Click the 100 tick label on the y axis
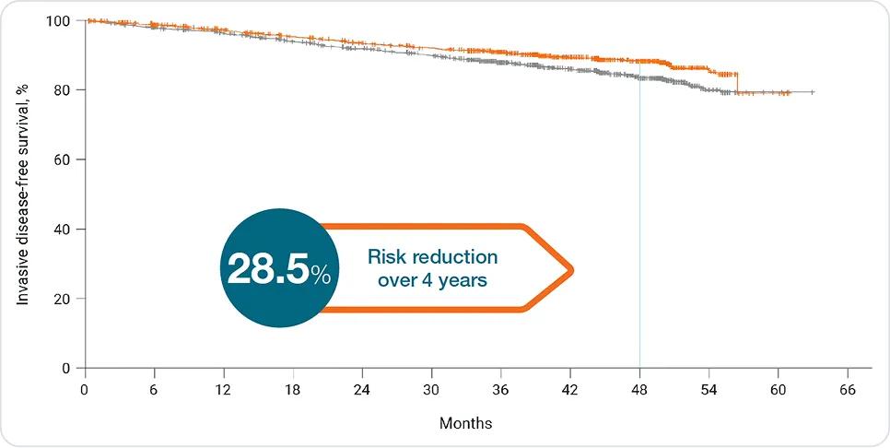pos(57,20)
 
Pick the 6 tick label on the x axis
pos(154,389)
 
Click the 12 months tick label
pos(223,389)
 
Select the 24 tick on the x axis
pos(362,389)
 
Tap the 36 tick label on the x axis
pos(501,389)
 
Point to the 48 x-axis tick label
pos(639,389)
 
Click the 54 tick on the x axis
pos(709,389)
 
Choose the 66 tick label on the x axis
pos(848,389)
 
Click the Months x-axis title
pos(465,424)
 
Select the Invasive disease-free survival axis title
pos(22,194)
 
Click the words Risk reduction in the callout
pos(432,256)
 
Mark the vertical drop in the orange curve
pos(736,83)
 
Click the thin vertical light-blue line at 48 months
pos(639,230)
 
